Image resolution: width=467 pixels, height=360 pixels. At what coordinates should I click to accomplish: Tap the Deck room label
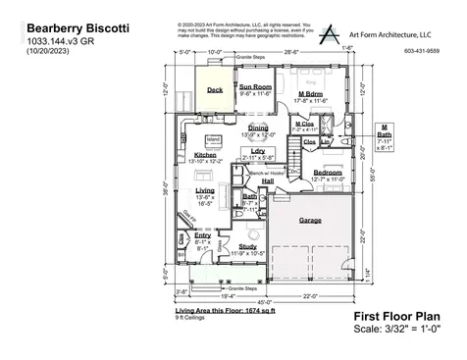point(214,89)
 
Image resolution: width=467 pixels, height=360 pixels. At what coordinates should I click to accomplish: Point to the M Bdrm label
point(311,94)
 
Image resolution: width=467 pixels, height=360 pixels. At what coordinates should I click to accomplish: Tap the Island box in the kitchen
point(213,139)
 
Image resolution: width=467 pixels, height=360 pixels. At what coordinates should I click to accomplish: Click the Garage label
point(310,219)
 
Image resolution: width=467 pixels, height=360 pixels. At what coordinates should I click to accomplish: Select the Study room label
point(247,247)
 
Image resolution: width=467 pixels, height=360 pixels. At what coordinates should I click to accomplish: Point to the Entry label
point(202,235)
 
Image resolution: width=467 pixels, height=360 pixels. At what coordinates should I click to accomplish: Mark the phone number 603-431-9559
point(422,50)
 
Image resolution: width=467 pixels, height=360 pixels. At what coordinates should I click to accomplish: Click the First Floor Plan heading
point(395,317)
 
